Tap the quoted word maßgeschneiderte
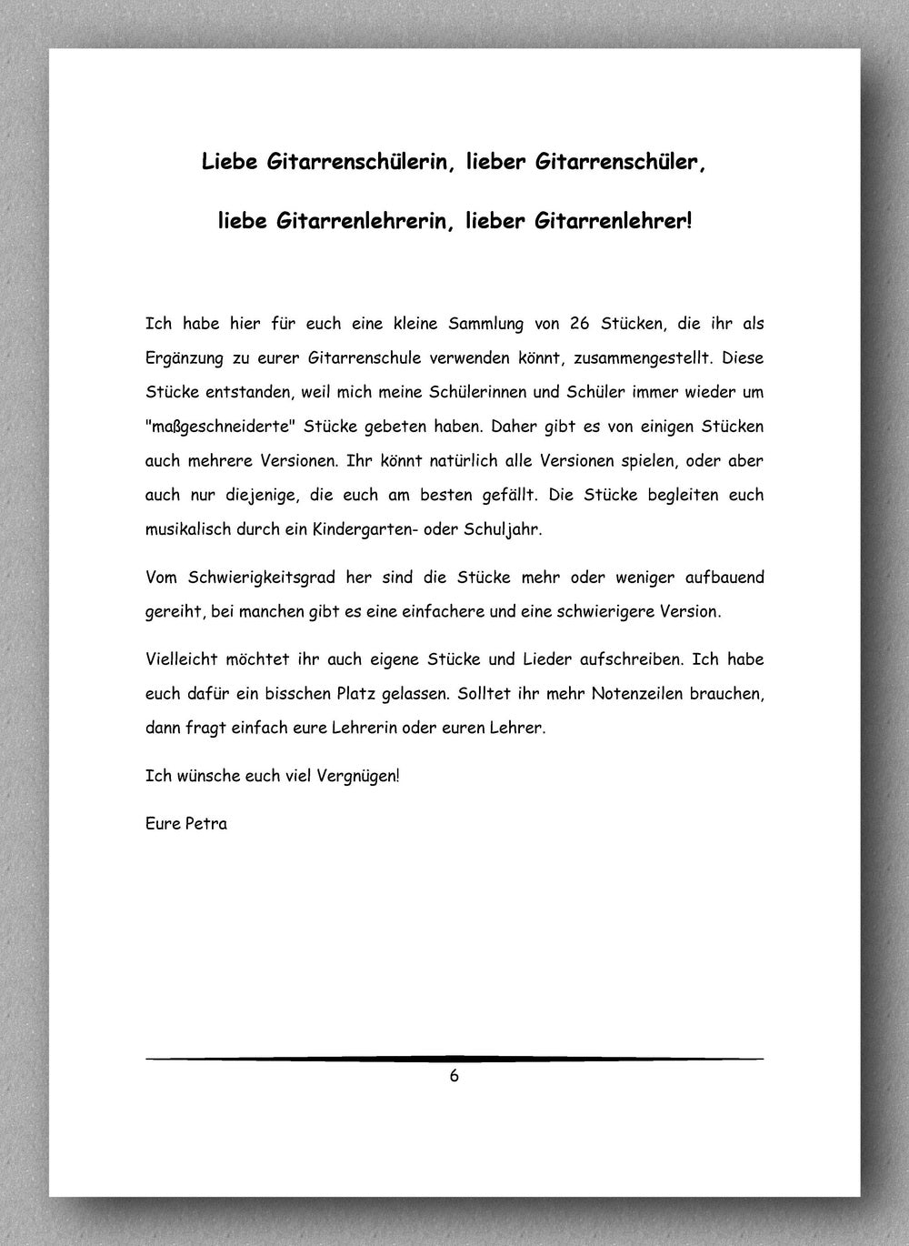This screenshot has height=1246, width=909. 219,427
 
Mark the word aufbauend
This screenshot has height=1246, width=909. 718,578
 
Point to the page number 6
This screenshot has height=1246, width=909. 454,1077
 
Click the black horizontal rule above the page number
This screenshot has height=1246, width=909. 454,1059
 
